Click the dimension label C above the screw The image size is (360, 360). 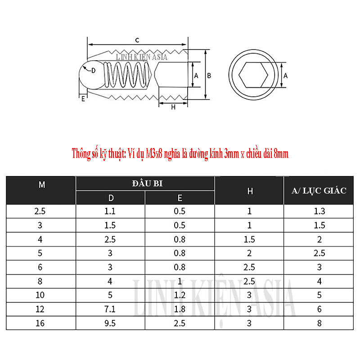[136, 40]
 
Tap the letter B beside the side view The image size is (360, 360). [209, 76]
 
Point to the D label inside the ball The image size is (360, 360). [93, 71]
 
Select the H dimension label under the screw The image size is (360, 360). [173, 107]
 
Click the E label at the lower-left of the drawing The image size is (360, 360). [83, 99]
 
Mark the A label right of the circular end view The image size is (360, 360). [285, 76]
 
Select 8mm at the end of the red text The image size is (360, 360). [281, 154]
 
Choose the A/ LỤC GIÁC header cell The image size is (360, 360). [319, 191]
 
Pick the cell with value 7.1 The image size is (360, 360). [110, 309]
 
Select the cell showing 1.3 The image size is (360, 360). [319, 211]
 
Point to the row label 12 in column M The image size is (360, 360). [41, 309]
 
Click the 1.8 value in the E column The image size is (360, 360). [180, 309]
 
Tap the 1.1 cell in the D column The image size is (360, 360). [110, 211]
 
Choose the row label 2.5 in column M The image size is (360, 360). [41, 211]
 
